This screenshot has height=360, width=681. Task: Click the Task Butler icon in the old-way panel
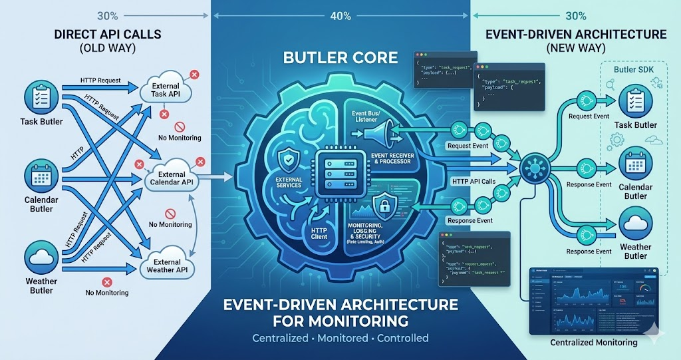pyautogui.click(x=38, y=98)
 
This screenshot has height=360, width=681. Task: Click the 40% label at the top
pyautogui.click(x=340, y=17)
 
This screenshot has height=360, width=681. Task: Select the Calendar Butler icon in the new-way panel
pyautogui.click(x=636, y=165)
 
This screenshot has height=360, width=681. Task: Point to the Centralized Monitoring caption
pyautogui.click(x=594, y=343)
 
